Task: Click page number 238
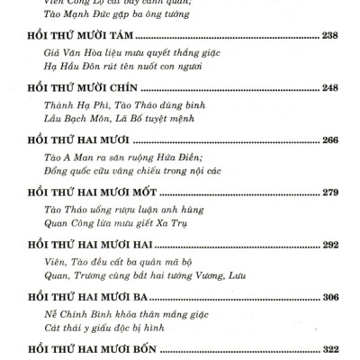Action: click(331, 37)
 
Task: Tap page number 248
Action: click(331, 88)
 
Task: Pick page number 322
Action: click(331, 347)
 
